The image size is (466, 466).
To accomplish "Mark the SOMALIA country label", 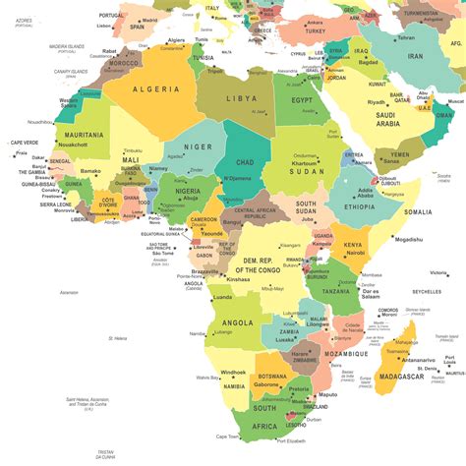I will (417, 211).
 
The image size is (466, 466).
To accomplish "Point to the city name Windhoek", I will (234, 372).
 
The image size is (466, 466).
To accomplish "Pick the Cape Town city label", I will (228, 437).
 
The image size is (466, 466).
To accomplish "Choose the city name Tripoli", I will (217, 71).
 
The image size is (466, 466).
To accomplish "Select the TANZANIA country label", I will (338, 291).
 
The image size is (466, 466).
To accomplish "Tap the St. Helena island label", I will (118, 338).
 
